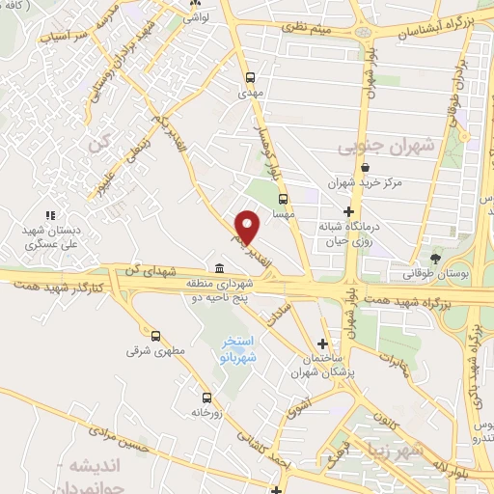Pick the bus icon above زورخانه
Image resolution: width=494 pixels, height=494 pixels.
tap(206, 398)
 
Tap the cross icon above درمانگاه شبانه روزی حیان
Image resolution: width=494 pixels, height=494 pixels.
tap(348, 211)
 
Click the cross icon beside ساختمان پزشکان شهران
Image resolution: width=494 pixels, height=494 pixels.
tap(323, 343)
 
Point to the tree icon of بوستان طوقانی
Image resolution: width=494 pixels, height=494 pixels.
tap(436, 259)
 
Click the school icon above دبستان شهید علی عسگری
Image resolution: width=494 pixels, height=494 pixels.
tap(50, 215)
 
